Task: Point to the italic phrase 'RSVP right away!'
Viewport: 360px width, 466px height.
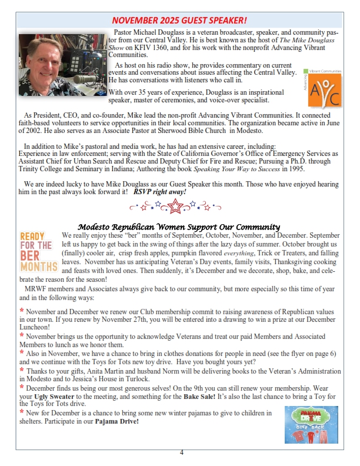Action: pyautogui.click(x=159, y=192)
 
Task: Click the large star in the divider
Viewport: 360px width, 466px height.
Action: pyautogui.click(x=175, y=207)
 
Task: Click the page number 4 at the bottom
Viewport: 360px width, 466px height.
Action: pyautogui.click(x=181, y=452)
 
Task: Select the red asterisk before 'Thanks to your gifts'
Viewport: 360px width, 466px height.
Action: pyautogui.click(x=21, y=371)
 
